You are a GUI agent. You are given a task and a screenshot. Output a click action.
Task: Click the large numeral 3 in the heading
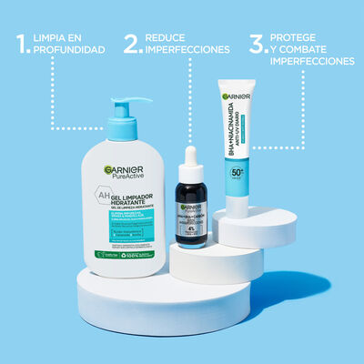[x=258, y=45]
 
